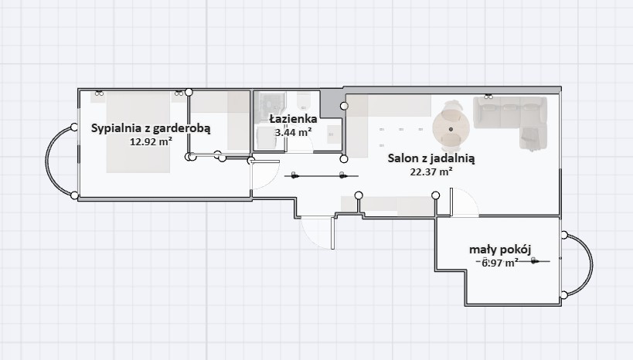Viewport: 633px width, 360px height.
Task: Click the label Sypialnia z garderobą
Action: (151, 128)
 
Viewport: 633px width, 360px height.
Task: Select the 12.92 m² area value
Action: (151, 141)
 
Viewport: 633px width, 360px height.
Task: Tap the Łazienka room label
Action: (293, 119)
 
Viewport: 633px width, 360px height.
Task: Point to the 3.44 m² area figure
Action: (293, 132)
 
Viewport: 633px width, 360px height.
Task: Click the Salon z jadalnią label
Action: (431, 158)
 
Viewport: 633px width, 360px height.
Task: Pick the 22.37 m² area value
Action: (431, 172)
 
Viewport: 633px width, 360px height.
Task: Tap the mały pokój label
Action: (500, 250)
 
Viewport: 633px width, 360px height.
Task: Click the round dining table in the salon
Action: (451, 129)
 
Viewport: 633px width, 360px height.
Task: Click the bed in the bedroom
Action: (138, 132)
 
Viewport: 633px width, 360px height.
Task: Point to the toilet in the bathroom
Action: (303, 101)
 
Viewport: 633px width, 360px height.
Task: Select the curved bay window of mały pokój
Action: (591, 265)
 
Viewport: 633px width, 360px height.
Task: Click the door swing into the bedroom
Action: (264, 175)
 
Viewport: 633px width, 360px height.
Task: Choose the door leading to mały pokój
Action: (465, 202)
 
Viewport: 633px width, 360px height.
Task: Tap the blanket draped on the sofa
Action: (530, 138)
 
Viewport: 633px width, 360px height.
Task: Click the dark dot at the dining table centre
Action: (451, 129)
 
